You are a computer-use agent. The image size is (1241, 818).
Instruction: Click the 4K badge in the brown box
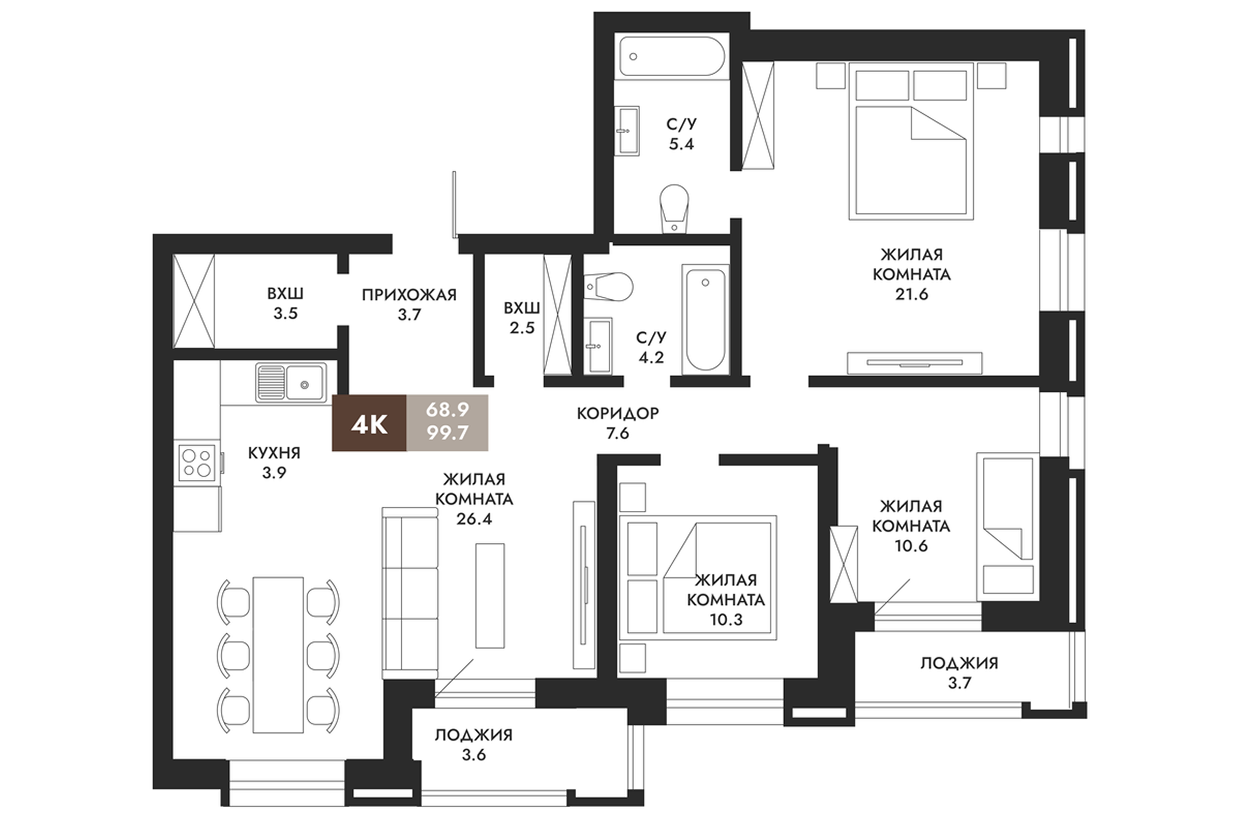point(369,423)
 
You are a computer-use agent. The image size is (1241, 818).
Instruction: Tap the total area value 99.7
point(447,433)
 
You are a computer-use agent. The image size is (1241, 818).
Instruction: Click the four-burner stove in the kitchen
point(197,462)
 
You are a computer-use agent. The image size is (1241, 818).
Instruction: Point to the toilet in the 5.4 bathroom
point(674,208)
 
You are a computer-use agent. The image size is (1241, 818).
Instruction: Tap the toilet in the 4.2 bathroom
point(608,287)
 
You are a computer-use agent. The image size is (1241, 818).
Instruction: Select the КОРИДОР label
point(618,414)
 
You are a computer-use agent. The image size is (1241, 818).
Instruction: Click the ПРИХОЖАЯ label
point(409,295)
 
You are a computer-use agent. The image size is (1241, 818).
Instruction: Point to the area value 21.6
point(912,295)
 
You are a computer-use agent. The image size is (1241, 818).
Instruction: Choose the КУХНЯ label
point(274,453)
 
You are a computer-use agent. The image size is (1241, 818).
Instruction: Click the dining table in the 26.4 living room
point(278,655)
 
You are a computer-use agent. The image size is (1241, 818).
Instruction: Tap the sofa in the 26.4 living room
point(410,593)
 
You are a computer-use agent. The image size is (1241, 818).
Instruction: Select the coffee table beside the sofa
point(490,595)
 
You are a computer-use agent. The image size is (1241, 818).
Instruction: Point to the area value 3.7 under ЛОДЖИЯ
point(959,683)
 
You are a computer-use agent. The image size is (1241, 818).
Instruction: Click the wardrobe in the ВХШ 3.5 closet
point(194,301)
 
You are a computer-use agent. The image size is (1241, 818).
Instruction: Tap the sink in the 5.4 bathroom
point(626,131)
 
